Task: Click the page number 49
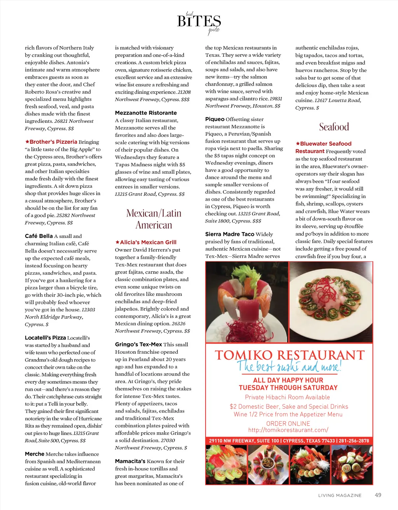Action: click(x=378, y=495)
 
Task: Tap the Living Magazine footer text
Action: click(x=340, y=495)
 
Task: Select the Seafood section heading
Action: click(x=334, y=127)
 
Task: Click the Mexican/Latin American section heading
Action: click(x=154, y=219)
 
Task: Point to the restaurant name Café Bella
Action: click(x=39, y=236)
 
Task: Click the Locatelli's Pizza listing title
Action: click(x=45, y=338)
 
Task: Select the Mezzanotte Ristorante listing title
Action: click(x=146, y=113)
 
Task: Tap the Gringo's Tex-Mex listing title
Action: click(x=138, y=344)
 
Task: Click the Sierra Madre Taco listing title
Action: click(x=230, y=234)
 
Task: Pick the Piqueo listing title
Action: click(x=215, y=119)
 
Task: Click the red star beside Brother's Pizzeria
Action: click(x=27, y=142)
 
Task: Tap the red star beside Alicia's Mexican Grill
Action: click(x=117, y=242)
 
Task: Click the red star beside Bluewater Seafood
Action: click(x=298, y=143)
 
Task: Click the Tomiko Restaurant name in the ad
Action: click(x=289, y=355)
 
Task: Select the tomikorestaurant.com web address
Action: click(x=288, y=430)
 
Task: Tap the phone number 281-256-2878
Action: click(x=354, y=441)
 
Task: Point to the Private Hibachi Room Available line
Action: click(x=288, y=397)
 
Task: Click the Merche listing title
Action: click(x=35, y=454)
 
